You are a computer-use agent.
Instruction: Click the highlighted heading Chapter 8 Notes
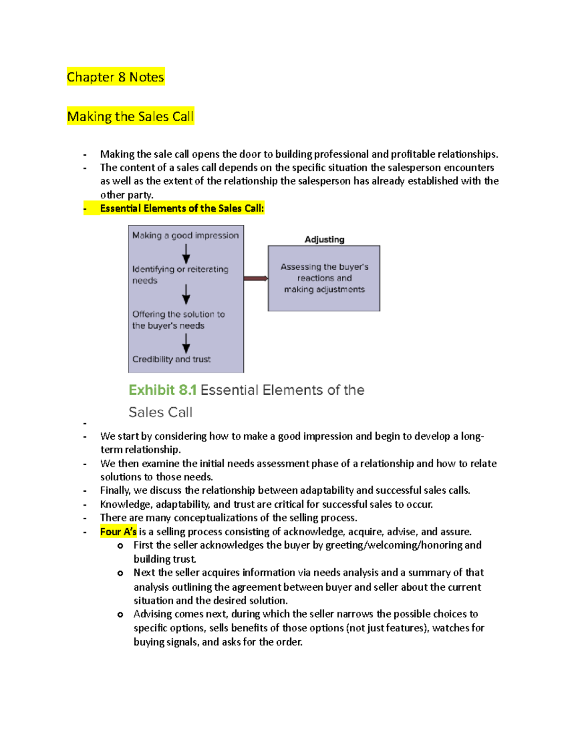tap(115, 77)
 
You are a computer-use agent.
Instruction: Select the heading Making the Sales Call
tap(130, 116)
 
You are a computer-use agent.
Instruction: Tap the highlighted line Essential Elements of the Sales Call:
tap(182, 208)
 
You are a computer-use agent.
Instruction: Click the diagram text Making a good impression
tap(185, 235)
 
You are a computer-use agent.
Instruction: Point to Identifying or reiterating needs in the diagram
tap(180, 275)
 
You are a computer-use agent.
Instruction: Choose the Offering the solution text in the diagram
tap(178, 319)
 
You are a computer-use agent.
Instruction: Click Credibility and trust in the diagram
tap(171, 359)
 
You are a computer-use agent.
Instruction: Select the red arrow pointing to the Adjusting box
tap(256, 278)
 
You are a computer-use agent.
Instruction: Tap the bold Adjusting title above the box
tap(324, 239)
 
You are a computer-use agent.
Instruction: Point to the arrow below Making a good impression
tap(186, 254)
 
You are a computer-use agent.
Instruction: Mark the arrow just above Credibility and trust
tap(186, 343)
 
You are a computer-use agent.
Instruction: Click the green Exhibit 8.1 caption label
tap(162, 390)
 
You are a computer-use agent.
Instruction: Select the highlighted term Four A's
tap(118, 531)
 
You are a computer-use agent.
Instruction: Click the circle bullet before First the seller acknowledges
tap(120, 546)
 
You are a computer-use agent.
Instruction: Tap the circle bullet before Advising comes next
tap(120, 614)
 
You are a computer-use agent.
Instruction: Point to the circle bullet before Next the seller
tap(120, 573)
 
